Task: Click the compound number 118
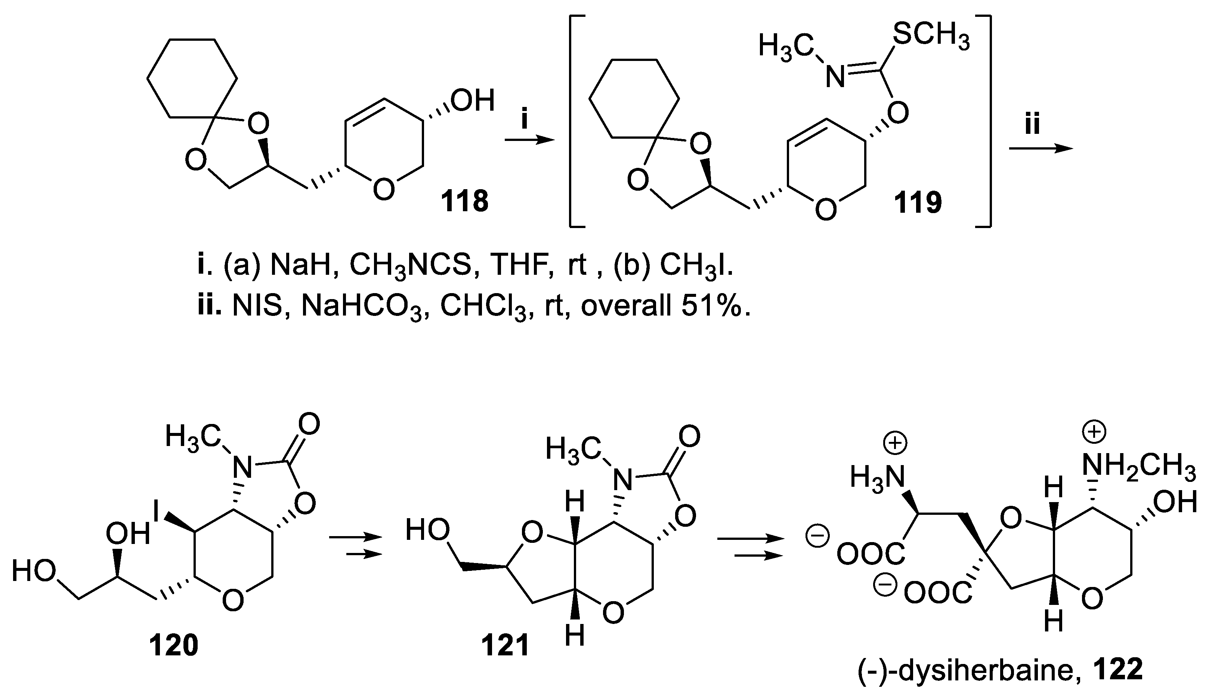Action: coord(464,202)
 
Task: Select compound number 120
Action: coord(174,646)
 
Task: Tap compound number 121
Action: coord(505,646)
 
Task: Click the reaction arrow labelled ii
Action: coord(1041,149)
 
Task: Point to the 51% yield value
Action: coord(715,305)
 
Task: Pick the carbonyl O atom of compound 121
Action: coord(689,437)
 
